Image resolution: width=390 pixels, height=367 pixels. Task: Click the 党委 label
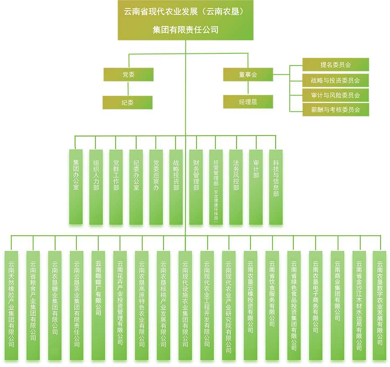(128, 75)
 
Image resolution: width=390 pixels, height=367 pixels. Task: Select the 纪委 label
(128, 102)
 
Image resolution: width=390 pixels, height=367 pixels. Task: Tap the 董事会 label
(248, 75)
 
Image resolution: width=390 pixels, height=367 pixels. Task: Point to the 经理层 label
(248, 102)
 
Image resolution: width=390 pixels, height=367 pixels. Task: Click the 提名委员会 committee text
(335, 65)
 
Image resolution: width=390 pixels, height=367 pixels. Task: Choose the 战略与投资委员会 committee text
(335, 80)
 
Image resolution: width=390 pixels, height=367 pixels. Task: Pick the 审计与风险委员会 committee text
(335, 95)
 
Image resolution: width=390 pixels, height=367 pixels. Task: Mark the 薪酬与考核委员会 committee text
(335, 110)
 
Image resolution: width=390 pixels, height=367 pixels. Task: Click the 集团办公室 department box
(76, 187)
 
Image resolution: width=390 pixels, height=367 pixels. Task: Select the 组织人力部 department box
(96, 187)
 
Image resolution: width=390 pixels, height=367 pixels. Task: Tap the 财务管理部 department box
(196, 187)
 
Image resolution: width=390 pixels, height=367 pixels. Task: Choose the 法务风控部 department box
(236, 187)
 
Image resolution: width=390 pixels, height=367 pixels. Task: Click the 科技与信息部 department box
(276, 187)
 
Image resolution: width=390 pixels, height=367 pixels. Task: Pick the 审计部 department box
(256, 187)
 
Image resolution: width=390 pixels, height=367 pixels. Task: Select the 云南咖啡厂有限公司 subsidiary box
(98, 305)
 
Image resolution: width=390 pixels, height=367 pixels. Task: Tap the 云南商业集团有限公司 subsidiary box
(338, 305)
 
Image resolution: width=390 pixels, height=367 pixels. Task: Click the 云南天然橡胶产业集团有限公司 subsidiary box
(11, 305)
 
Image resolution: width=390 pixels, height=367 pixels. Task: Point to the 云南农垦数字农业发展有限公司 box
(380, 305)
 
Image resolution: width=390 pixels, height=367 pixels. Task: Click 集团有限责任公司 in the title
(186, 30)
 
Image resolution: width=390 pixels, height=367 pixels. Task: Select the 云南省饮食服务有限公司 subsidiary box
(272, 305)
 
